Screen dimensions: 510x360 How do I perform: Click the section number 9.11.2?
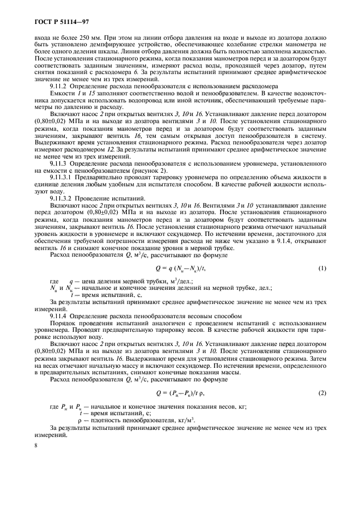point(58,87)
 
